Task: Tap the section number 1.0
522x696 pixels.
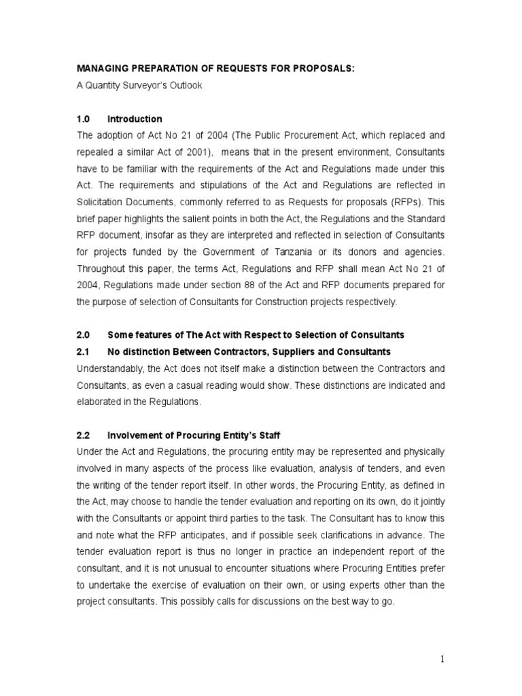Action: point(84,119)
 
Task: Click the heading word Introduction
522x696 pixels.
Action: point(135,119)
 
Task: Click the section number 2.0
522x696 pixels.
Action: point(84,335)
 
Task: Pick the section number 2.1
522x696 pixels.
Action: point(84,351)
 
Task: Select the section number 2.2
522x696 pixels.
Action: point(84,434)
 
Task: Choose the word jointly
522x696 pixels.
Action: point(432,500)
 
